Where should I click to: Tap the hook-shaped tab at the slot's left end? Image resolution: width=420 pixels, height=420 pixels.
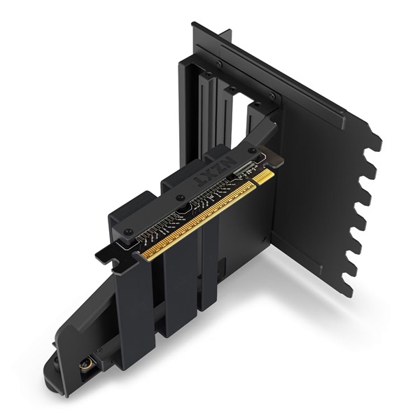(x=105, y=257)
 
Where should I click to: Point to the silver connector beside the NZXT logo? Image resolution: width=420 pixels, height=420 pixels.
(x=246, y=170)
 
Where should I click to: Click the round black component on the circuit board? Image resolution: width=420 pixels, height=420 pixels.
(x=184, y=207)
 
